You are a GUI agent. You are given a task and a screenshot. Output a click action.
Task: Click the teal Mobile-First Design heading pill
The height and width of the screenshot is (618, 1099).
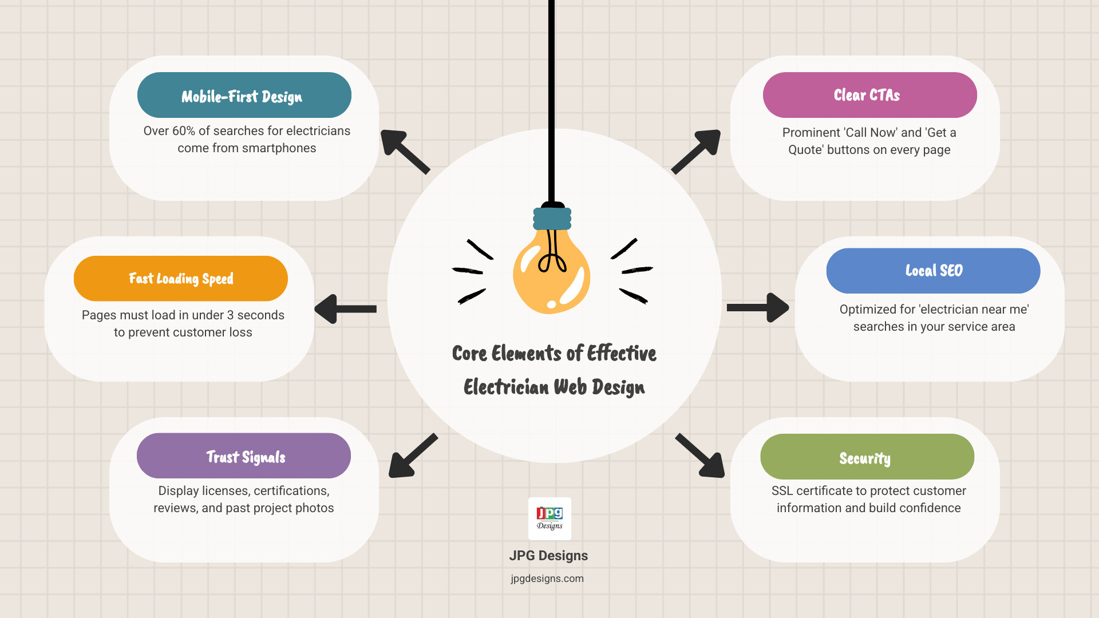click(x=244, y=95)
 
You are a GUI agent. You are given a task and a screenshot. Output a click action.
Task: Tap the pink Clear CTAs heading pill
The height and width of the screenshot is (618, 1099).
click(x=869, y=95)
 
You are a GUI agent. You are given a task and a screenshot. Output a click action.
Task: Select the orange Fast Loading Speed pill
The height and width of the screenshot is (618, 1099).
click(x=181, y=279)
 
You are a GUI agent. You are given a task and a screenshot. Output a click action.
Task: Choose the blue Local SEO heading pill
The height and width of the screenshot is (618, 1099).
click(x=933, y=271)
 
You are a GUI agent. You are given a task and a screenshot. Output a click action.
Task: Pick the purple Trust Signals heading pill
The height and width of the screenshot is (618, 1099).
click(x=244, y=456)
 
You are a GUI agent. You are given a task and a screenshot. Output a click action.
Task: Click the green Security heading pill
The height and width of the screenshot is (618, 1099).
click(x=867, y=457)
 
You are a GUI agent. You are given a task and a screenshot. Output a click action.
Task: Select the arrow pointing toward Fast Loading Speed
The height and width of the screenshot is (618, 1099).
click(x=345, y=309)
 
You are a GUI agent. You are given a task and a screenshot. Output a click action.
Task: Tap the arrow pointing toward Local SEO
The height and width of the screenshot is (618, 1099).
click(x=758, y=308)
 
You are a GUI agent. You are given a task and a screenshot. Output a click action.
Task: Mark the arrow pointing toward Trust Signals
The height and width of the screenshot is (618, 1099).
click(x=413, y=455)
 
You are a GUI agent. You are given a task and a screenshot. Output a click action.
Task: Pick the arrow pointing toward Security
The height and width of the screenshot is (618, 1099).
click(x=700, y=455)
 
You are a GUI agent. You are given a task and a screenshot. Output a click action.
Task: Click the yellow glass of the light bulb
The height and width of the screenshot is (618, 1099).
click(x=551, y=275)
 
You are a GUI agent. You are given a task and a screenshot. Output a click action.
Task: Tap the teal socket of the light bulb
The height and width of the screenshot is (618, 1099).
click(x=552, y=219)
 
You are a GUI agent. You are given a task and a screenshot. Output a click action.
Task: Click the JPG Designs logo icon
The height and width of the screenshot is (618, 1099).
click(x=549, y=518)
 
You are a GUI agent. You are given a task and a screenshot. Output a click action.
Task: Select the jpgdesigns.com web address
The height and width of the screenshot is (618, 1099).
click(x=547, y=579)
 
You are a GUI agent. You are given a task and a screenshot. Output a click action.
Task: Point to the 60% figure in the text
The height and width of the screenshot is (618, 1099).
click(x=184, y=131)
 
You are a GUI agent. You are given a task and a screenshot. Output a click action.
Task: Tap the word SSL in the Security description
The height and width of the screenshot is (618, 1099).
click(x=782, y=491)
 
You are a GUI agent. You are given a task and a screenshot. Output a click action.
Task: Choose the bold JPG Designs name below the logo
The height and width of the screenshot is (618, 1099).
click(x=548, y=556)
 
